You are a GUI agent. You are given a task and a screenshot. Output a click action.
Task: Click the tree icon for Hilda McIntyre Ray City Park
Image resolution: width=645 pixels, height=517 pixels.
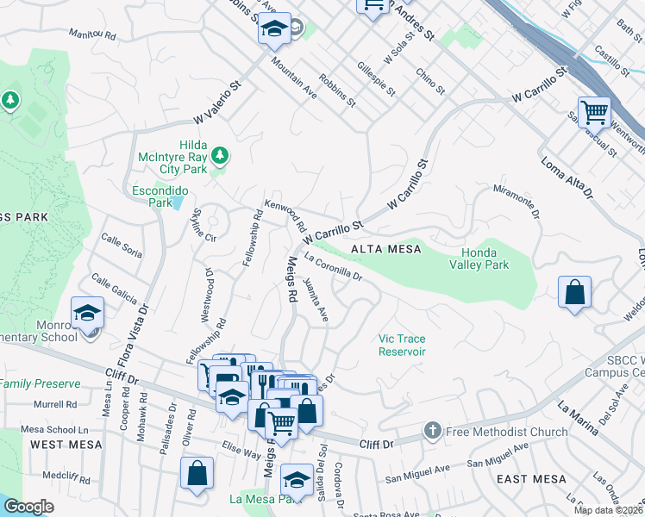(x=221, y=154)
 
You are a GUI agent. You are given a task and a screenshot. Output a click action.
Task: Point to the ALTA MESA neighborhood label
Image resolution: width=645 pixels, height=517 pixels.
(x=385, y=249)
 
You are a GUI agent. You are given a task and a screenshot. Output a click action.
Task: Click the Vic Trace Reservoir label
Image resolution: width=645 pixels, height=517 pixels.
(x=403, y=345)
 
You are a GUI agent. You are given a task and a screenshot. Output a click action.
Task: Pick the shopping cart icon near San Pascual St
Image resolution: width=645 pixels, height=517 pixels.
(x=594, y=111)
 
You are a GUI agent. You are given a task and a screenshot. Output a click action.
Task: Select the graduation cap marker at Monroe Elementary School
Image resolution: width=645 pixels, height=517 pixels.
(x=87, y=312)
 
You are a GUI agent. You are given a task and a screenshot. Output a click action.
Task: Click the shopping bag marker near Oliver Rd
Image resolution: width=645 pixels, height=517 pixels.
(x=197, y=473)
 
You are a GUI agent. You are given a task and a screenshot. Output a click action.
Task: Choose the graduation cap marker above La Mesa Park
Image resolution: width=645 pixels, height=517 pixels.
(x=297, y=478)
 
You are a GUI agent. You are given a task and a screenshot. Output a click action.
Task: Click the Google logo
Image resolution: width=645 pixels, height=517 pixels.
(x=28, y=507)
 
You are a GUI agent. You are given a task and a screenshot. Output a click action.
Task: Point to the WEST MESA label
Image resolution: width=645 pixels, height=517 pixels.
(x=66, y=445)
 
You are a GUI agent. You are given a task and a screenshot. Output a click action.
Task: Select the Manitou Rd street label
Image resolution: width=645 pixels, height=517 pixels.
(x=92, y=35)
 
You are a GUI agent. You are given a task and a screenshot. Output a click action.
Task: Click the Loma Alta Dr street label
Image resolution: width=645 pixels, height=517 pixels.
(x=567, y=176)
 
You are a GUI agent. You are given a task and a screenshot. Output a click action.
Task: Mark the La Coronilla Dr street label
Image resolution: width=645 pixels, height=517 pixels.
(x=331, y=270)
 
